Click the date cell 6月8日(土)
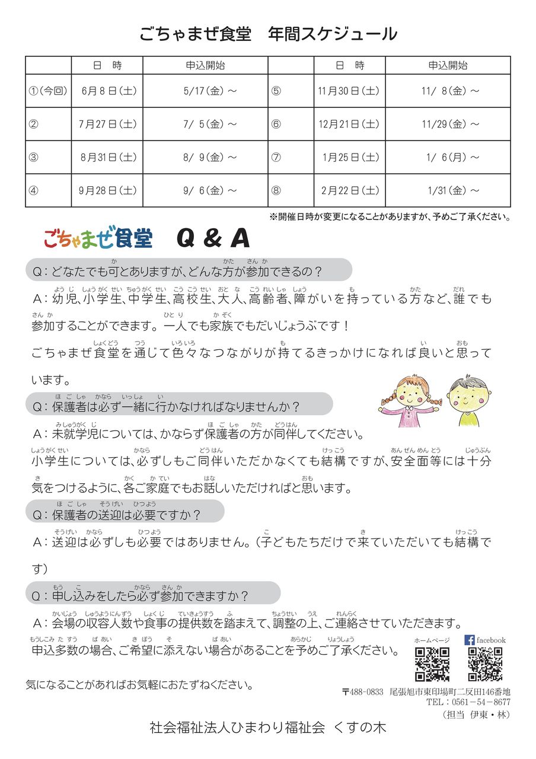(x=107, y=91)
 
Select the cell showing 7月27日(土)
(x=107, y=124)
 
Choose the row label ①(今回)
(x=48, y=91)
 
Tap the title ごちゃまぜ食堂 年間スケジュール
(x=268, y=34)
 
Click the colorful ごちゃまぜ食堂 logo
(x=98, y=238)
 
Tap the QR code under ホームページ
(x=432, y=664)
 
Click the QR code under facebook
(x=484, y=664)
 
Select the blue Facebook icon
(x=469, y=640)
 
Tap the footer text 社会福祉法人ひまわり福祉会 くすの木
(x=268, y=728)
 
